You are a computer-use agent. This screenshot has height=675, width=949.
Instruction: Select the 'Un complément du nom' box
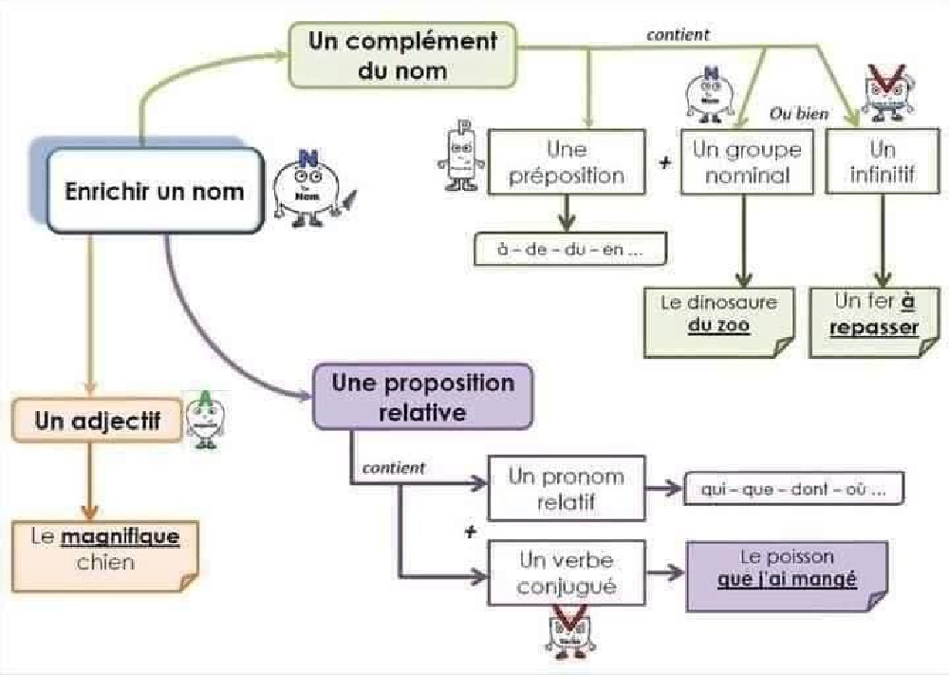(x=402, y=55)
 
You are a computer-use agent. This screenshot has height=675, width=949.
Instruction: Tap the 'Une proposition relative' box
(x=422, y=397)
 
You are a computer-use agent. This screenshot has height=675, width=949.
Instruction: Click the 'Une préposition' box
(x=567, y=163)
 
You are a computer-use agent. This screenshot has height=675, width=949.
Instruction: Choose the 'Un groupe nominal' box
(x=747, y=162)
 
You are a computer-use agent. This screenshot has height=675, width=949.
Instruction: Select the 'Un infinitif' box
(x=882, y=162)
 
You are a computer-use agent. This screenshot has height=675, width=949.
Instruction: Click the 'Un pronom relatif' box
(x=566, y=489)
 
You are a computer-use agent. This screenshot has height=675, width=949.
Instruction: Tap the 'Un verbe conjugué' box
(x=566, y=572)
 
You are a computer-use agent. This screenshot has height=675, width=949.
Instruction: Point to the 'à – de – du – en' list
(x=568, y=249)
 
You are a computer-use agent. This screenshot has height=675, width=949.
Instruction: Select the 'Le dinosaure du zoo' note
(x=718, y=316)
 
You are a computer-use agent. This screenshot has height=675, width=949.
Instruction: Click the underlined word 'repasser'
(x=874, y=328)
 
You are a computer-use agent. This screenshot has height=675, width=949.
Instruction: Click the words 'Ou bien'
(x=798, y=115)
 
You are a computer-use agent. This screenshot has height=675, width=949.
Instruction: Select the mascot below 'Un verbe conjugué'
(x=568, y=630)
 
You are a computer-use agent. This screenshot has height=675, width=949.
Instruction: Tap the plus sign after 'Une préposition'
(x=664, y=161)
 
